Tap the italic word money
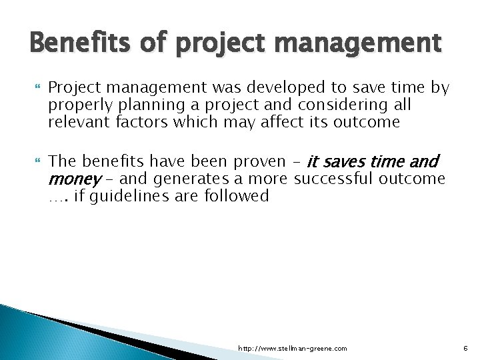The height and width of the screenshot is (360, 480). pos(73,179)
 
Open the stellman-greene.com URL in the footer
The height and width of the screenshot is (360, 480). pos(293,349)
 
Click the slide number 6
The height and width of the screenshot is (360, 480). pos(465,349)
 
